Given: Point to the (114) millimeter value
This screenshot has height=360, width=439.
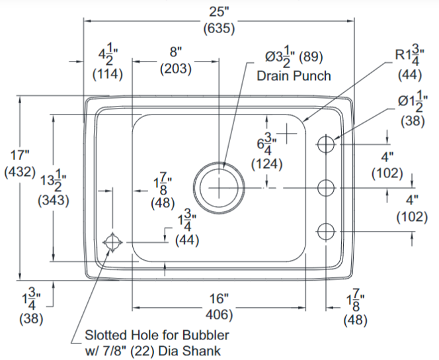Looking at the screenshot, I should pyautogui.click(x=107, y=73).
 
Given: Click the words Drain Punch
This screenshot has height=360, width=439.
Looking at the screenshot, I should pyautogui.click(x=294, y=75).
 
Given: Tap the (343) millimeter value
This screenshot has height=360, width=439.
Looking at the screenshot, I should pyautogui.click(x=54, y=200).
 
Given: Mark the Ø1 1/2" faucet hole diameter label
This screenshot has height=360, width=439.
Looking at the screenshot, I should pyautogui.click(x=415, y=103).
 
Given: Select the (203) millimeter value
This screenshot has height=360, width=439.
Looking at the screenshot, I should pyautogui.click(x=175, y=69).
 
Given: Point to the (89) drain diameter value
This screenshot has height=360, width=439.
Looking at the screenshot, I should pyautogui.click(x=313, y=56).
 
